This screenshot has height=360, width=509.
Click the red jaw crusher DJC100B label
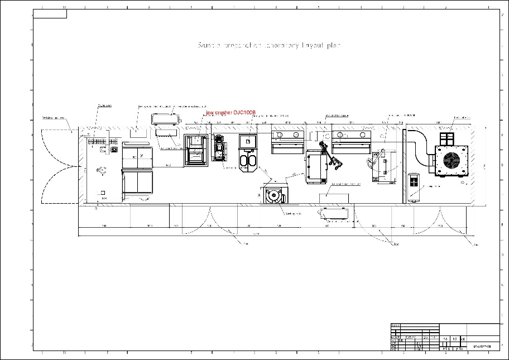(230, 113)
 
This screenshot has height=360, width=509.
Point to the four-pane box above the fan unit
(448, 138)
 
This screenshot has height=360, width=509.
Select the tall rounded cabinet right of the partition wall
(414, 186)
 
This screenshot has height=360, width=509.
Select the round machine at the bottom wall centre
(273, 196)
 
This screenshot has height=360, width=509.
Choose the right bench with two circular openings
(351, 140)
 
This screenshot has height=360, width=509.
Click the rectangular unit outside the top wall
(166, 118)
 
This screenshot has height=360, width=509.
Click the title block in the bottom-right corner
(445, 337)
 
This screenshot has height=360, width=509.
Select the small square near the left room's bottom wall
(103, 193)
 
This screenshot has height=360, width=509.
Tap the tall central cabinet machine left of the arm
(316, 166)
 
